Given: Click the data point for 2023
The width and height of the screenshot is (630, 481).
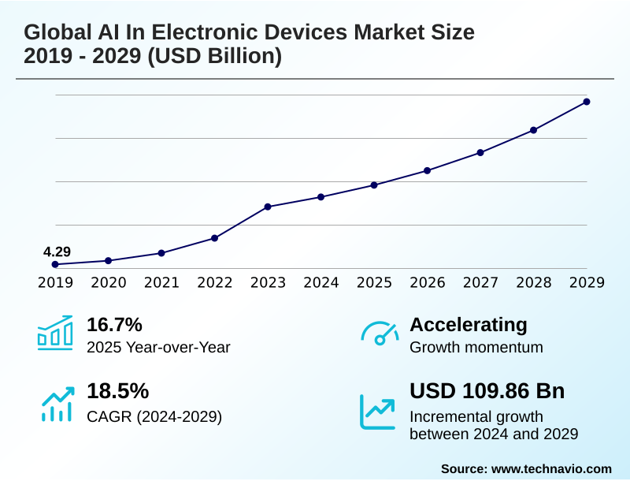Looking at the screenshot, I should (x=268, y=207).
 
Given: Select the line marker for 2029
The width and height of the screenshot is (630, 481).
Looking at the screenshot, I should (x=587, y=102).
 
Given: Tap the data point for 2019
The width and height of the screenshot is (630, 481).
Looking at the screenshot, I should (x=55, y=264).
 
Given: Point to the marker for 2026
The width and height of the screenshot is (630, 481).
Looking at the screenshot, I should (x=427, y=170).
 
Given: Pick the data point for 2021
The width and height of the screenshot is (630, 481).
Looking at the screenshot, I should (x=161, y=253).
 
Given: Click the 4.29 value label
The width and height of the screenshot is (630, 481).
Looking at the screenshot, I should (x=57, y=252).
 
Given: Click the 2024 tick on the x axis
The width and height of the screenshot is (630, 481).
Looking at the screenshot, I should (x=321, y=282).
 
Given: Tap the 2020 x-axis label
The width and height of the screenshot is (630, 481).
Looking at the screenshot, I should (x=109, y=282).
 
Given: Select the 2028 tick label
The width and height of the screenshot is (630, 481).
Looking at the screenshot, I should (x=534, y=282).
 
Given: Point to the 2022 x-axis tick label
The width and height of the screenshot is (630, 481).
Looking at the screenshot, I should (x=215, y=282).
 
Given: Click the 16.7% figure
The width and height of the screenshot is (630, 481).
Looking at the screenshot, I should (x=114, y=324).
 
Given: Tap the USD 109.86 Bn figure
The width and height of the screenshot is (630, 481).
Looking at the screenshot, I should (x=487, y=391).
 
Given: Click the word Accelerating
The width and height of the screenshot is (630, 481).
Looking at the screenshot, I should (x=469, y=324).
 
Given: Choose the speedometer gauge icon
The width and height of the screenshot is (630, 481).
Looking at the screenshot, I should (x=380, y=333).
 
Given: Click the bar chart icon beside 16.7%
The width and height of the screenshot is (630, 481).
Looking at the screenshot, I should (x=55, y=333).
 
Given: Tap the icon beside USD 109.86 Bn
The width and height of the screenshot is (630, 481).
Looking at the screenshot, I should (x=378, y=411).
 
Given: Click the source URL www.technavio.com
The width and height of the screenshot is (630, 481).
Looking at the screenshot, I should (x=551, y=468).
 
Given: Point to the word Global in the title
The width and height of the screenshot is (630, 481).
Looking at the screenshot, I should (x=54, y=32).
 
